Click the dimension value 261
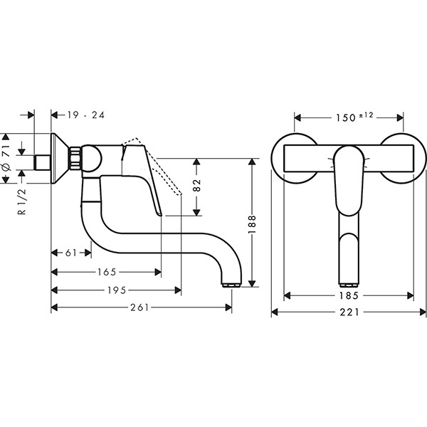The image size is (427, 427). click(142, 308)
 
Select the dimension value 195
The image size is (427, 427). click(117, 290)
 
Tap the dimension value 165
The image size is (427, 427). click(107, 271)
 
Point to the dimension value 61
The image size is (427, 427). click(70, 253)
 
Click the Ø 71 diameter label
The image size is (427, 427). click(6, 158)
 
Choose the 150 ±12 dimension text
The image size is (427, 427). click(351, 117)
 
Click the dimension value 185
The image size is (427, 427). click(349, 295)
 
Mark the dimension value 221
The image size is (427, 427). click(349, 312)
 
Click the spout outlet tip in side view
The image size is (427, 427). click(231, 284)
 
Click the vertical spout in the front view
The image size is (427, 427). click(349, 249)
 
